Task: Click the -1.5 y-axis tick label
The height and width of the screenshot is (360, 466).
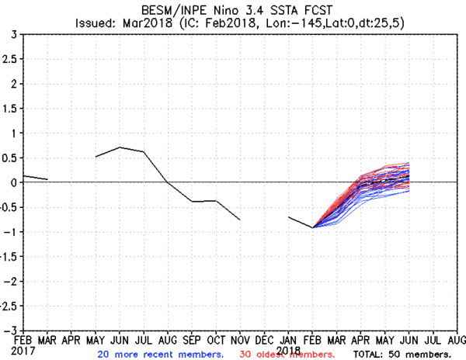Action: pyautogui.click(x=6, y=256)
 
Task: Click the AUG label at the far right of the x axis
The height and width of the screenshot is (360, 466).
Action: pyautogui.click(x=457, y=339)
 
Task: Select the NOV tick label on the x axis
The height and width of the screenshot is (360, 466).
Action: pyautogui.click(x=239, y=339)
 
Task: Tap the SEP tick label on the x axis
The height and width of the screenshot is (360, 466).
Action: pyautogui.click(x=192, y=339)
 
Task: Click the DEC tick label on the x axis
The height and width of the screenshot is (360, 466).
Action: pyautogui.click(x=264, y=339)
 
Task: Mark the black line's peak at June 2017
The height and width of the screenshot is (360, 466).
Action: pyautogui.click(x=120, y=147)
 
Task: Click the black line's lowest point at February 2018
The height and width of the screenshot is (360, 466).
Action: pyautogui.click(x=313, y=227)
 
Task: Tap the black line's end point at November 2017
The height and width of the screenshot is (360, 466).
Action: pyautogui.click(x=240, y=220)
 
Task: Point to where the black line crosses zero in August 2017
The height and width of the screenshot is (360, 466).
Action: pyautogui.click(x=168, y=182)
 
